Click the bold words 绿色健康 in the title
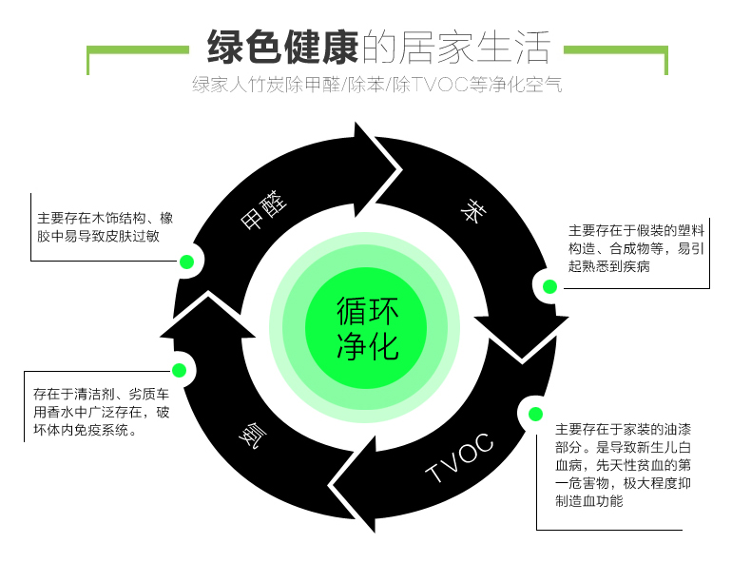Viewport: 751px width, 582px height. click(282, 46)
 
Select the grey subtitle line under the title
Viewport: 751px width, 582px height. click(376, 85)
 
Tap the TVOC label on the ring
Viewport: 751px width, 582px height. click(460, 457)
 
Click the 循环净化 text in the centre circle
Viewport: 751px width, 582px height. click(367, 329)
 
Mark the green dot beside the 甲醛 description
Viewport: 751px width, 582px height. click(187, 262)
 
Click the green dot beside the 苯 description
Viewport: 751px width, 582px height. click(549, 286)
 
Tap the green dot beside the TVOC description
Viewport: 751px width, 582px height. click(534, 413)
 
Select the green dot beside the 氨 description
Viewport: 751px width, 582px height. click(179, 370)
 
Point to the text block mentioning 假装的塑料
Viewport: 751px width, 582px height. click(635, 248)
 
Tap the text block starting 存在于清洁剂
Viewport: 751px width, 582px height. click(102, 411)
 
